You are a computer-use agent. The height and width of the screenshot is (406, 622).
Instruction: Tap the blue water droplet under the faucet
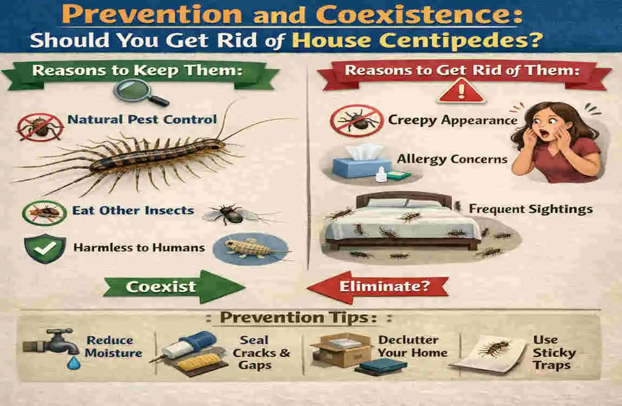pyautogui.click(x=71, y=364)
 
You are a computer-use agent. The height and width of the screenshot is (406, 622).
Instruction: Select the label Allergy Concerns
pyautogui.click(x=452, y=159)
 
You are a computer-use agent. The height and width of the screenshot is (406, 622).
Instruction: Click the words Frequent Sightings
pyautogui.click(x=531, y=209)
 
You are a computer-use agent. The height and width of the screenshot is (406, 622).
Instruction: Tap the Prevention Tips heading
pyautogui.click(x=306, y=318)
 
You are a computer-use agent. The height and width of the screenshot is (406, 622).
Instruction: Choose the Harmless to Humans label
pyautogui.click(x=138, y=248)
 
